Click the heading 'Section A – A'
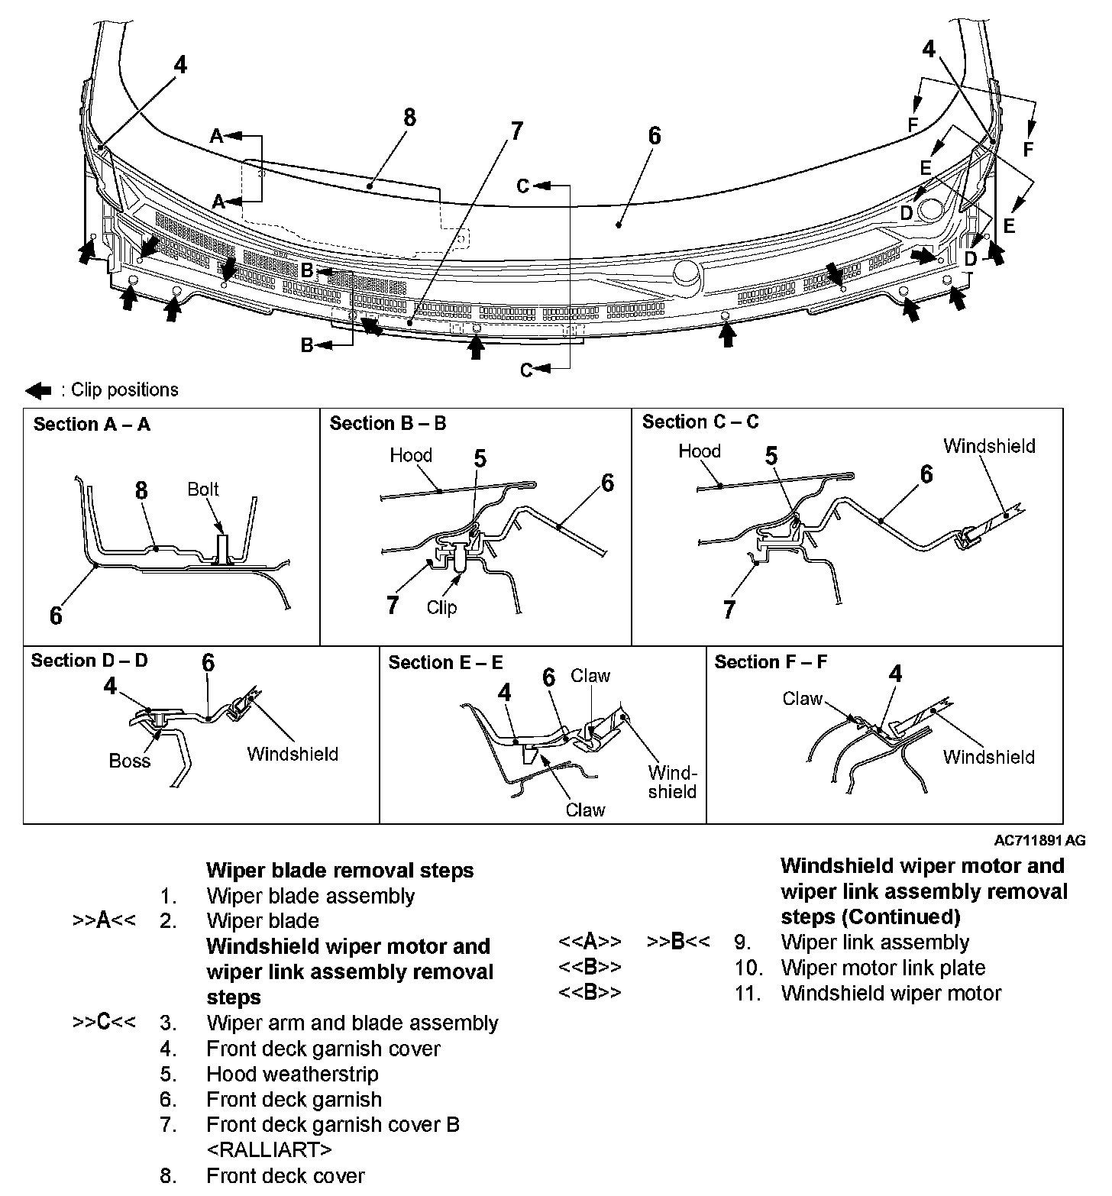click(x=92, y=425)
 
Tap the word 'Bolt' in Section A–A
click(x=203, y=489)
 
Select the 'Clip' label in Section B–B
click(x=441, y=607)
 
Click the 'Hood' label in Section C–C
click(x=700, y=451)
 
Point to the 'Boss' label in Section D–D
click(x=130, y=761)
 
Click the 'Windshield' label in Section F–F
click(x=988, y=757)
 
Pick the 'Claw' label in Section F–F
click(x=802, y=698)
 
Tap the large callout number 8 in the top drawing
click(x=409, y=118)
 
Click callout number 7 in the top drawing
click(x=517, y=131)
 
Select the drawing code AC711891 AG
click(x=1039, y=841)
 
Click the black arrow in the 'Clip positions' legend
click(x=38, y=391)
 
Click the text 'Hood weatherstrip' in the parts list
click(x=293, y=1074)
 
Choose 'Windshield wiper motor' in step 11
click(x=891, y=993)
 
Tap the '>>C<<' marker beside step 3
click(x=104, y=1022)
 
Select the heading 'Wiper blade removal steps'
click(x=340, y=870)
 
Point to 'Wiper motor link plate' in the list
click(x=883, y=968)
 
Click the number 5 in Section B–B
click(x=480, y=458)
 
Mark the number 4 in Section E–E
click(x=504, y=692)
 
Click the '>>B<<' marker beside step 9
click(x=678, y=942)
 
